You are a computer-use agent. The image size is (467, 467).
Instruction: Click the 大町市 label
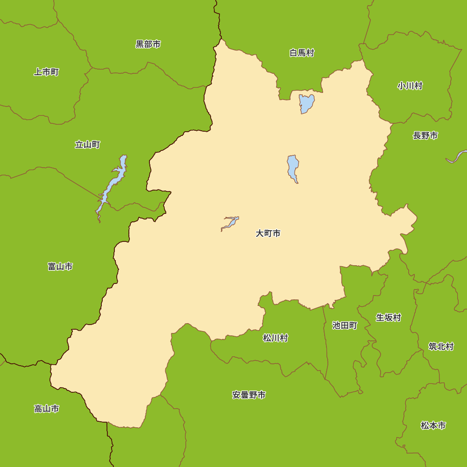pos(268,233)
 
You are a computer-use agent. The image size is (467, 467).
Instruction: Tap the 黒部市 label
pos(148,44)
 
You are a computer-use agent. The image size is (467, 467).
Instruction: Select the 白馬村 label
pos(302,53)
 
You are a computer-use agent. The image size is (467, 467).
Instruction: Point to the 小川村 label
pos(410,86)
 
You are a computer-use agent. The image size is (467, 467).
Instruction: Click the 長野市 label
pos(425,136)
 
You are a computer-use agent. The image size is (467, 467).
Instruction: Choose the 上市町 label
pos(46,72)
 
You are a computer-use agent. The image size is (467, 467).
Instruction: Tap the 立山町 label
pos(87,145)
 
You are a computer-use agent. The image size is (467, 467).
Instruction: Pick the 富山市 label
pos(60,267)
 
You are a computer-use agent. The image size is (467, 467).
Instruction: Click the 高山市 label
pos(47,409)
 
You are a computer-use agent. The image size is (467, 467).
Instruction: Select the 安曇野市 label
pos(249,395)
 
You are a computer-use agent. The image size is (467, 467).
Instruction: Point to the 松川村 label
pos(276,338)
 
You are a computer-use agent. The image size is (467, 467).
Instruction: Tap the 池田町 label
pos(345,325)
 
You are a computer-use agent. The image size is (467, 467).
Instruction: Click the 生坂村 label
pos(389,318)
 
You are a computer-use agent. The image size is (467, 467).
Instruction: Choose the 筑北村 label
pos(441,347)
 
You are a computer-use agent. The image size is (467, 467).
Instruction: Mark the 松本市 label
pos(433,426)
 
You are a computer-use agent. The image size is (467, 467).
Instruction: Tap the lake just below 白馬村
pos(306,103)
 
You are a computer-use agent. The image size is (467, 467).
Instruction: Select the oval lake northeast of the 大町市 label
pos(293,167)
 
